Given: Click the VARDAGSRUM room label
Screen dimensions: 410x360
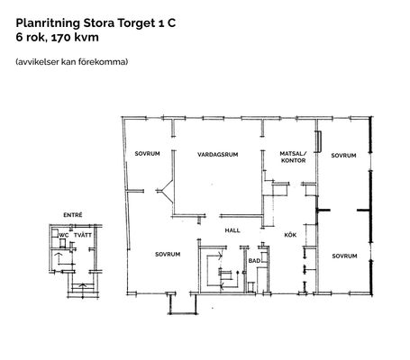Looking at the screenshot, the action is (x=218, y=155).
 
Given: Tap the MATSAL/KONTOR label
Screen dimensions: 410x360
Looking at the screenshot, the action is (x=293, y=157).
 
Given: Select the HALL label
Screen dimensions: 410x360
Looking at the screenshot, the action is (x=232, y=230).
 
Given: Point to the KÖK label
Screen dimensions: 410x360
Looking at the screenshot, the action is (x=290, y=235).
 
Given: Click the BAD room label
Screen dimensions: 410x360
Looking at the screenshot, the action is (x=254, y=261).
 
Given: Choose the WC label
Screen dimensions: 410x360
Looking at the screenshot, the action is (x=64, y=236).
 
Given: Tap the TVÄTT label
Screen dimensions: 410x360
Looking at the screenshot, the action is (x=83, y=235).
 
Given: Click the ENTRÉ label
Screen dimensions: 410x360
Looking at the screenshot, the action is (x=73, y=215).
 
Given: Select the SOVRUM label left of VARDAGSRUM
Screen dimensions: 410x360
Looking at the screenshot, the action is (x=147, y=154).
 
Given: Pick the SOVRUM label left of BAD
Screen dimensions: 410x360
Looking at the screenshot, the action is (x=168, y=255).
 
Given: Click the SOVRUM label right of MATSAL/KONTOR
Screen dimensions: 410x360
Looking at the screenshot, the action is (x=343, y=156).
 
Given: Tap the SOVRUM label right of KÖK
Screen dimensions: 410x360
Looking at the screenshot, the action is (x=344, y=256).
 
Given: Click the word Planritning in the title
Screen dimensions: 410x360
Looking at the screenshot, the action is (x=48, y=23).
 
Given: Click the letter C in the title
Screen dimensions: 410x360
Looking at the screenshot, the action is (x=171, y=23).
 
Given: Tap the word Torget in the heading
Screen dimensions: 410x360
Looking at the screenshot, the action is (x=134, y=23).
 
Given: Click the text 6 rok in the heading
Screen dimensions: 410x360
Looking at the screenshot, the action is (x=31, y=38).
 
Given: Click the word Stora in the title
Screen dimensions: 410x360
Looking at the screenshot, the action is (x=98, y=23).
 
